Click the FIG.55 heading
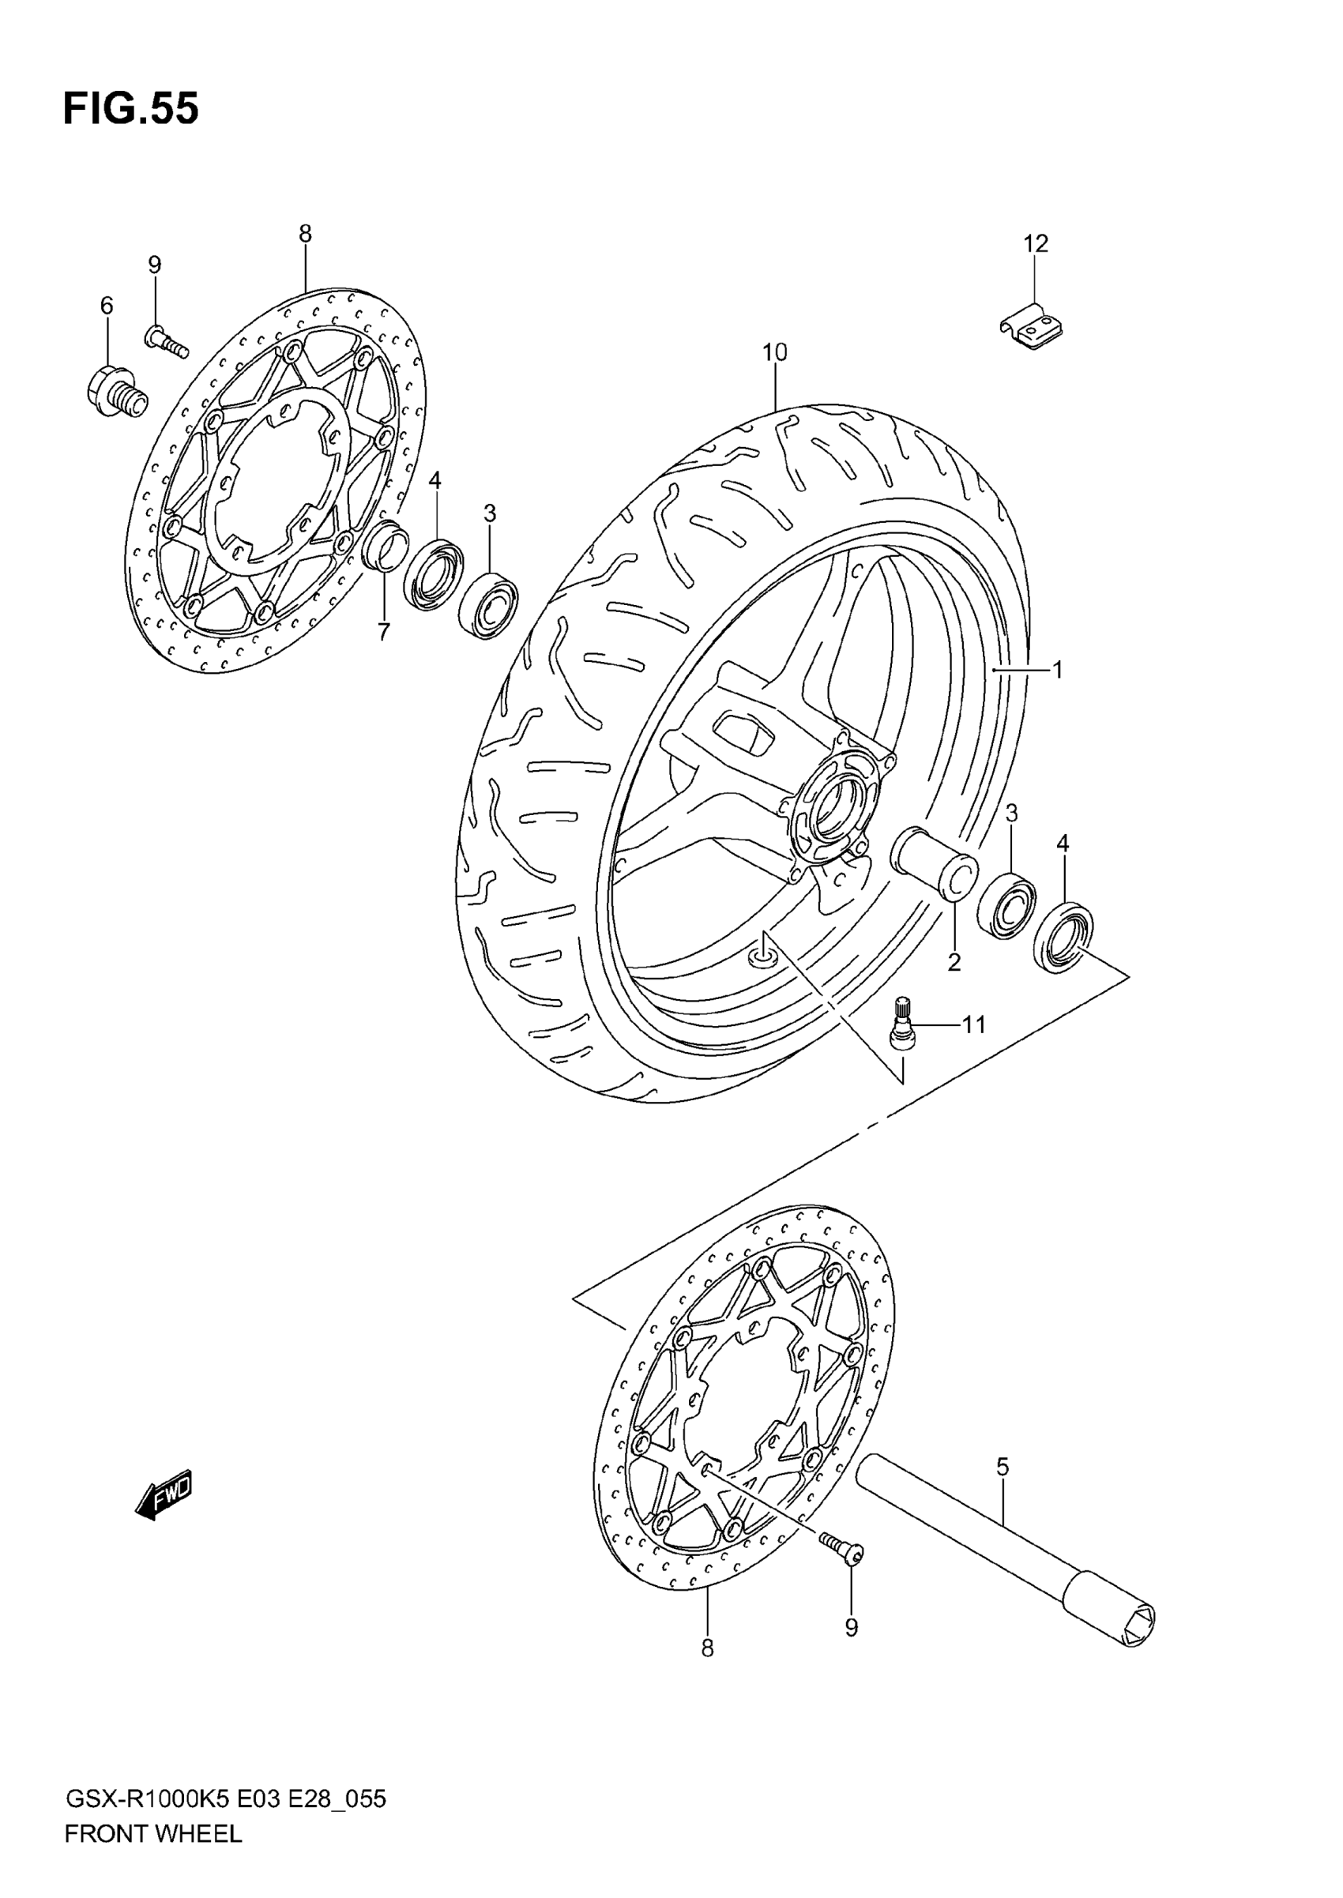tap(130, 109)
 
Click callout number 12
tap(1036, 244)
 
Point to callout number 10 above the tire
tap(775, 353)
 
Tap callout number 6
tap(107, 306)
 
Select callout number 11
tap(974, 1025)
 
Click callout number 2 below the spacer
tap(954, 962)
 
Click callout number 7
tap(384, 633)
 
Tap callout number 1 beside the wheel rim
tap(1057, 670)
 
